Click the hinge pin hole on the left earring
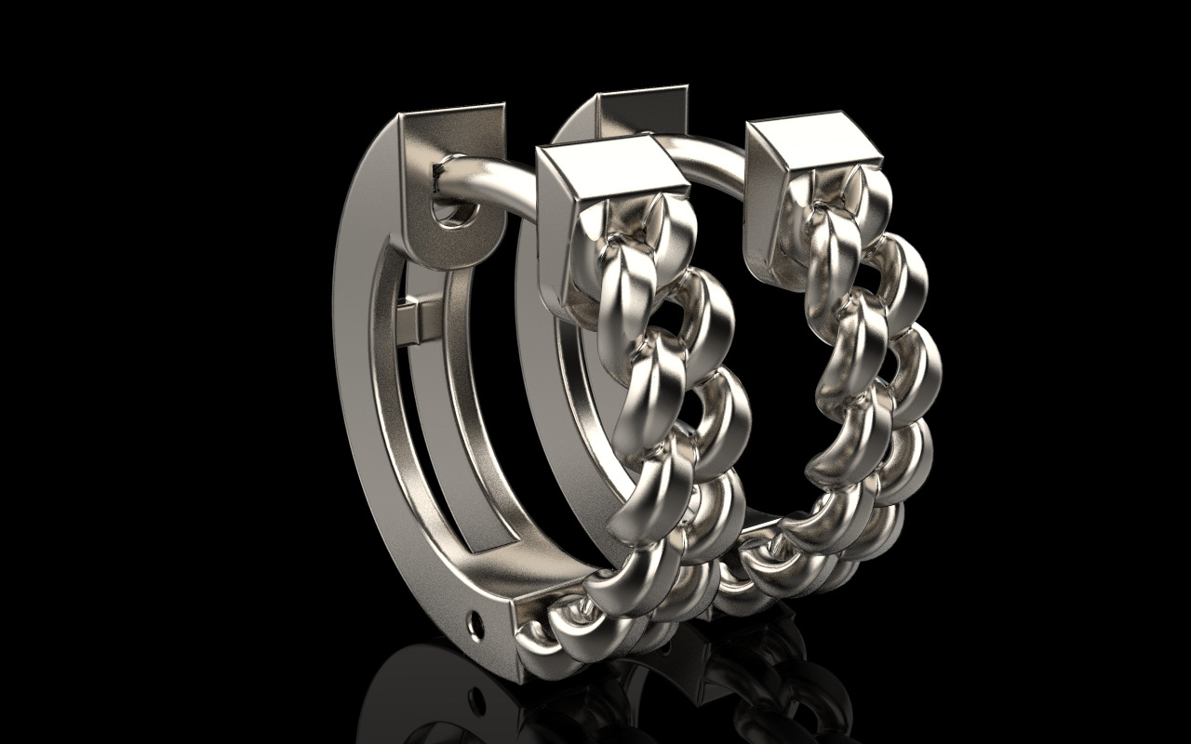[x=477, y=620]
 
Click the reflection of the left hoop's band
[x=409, y=688]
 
